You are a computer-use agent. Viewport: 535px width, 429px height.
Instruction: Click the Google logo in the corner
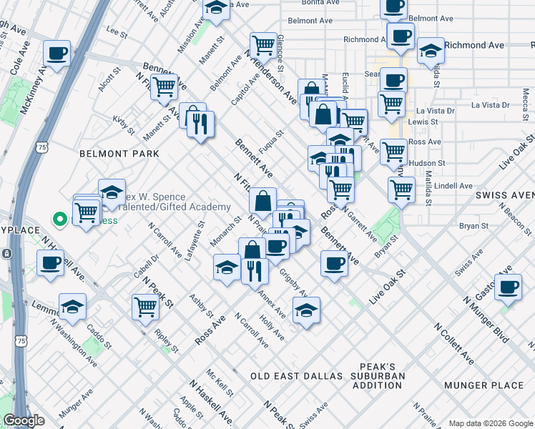click(24, 420)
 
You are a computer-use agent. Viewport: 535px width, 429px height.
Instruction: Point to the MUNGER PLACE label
click(484, 385)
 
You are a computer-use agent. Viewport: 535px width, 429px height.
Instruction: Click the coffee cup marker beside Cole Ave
click(57, 53)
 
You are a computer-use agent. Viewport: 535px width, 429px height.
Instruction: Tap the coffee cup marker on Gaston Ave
click(509, 287)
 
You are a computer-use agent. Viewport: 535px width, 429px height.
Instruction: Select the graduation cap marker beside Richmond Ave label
click(431, 51)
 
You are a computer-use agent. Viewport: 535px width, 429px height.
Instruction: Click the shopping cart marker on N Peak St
click(145, 306)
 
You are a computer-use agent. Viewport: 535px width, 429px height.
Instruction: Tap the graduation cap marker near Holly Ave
click(306, 310)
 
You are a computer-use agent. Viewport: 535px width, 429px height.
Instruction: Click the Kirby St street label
click(122, 125)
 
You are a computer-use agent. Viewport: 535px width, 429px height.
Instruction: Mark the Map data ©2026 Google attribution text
click(490, 423)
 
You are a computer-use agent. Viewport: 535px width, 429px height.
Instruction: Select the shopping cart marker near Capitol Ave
click(263, 46)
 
